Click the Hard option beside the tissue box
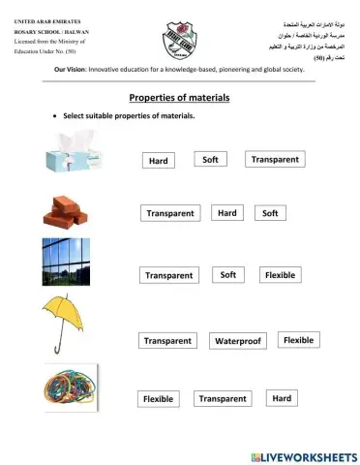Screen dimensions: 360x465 click(159, 161)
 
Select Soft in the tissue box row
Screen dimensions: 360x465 click(209, 159)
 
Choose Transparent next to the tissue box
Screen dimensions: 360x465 click(275, 159)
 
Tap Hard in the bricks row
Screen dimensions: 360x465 click(227, 212)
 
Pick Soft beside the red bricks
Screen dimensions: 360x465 click(270, 212)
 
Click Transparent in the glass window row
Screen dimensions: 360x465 click(168, 275)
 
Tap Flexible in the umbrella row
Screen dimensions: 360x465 click(298, 340)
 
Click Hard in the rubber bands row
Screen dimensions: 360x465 click(282, 398)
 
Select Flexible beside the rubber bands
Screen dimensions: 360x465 click(158, 398)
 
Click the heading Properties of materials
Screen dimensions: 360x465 click(179, 98)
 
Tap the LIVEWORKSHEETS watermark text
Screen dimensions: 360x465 click(310, 454)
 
